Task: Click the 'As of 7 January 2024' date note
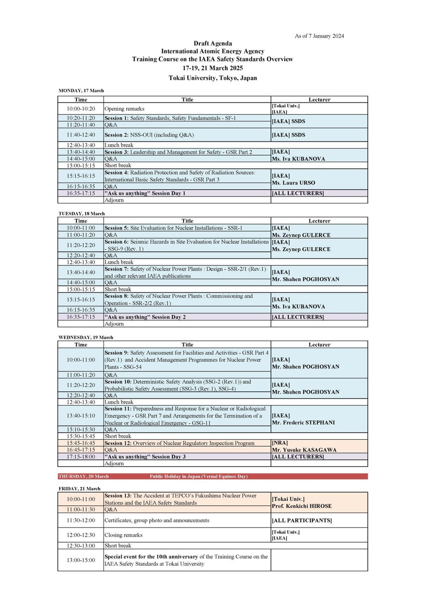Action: click(319, 36)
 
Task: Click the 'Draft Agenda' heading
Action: click(212, 44)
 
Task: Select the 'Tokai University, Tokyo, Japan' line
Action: click(212, 78)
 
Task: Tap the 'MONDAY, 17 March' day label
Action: click(81, 90)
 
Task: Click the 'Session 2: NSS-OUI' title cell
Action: click(149, 135)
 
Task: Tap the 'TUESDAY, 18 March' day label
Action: click(82, 214)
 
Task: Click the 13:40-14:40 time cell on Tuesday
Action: click(81, 272)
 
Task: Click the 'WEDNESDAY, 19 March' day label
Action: click(86, 337)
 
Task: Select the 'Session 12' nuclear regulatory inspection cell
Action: click(179, 443)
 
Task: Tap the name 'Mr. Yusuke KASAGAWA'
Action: click(303, 450)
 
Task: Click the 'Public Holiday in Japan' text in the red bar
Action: click(198, 476)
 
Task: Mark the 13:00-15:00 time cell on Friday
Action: click(81, 560)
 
